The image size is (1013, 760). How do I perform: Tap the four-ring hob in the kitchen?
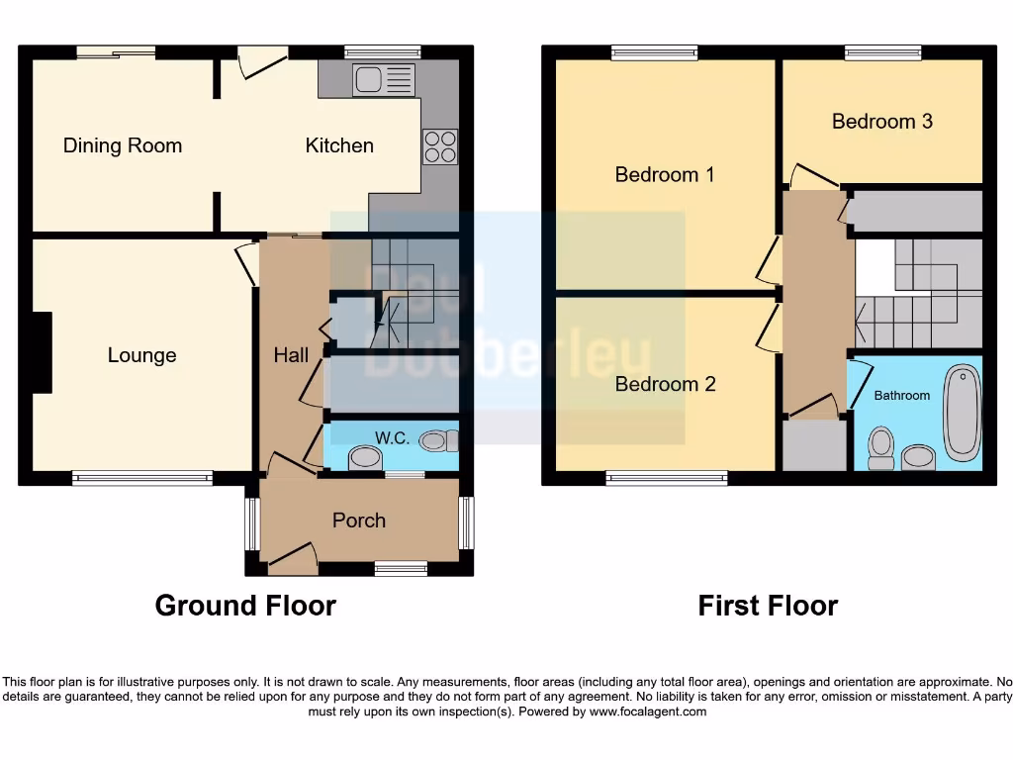pyautogui.click(x=440, y=146)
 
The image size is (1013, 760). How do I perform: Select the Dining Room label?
pyautogui.click(x=123, y=146)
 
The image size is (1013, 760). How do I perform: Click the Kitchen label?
pyautogui.click(x=339, y=145)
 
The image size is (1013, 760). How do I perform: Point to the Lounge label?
pyautogui.click(x=141, y=355)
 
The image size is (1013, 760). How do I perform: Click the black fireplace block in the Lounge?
pyautogui.click(x=42, y=352)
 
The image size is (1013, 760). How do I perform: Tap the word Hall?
pyautogui.click(x=291, y=355)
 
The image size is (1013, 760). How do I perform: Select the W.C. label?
pyautogui.click(x=392, y=437)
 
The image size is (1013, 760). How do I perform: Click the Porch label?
pyautogui.click(x=359, y=521)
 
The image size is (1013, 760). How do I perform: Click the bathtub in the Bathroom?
pyautogui.click(x=961, y=414)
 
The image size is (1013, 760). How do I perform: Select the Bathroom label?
pyautogui.click(x=901, y=395)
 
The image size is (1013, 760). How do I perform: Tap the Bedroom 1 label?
pyautogui.click(x=665, y=175)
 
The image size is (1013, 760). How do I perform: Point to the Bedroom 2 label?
pyautogui.click(x=665, y=384)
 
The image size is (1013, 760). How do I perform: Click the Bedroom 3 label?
pyautogui.click(x=881, y=122)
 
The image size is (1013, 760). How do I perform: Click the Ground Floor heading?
pyautogui.click(x=245, y=606)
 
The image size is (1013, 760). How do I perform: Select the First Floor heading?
pyautogui.click(x=768, y=606)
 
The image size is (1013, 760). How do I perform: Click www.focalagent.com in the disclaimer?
pyautogui.click(x=647, y=712)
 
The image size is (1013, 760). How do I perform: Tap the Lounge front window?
pyautogui.click(x=142, y=479)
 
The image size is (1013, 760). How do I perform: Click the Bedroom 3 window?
pyautogui.click(x=882, y=52)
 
